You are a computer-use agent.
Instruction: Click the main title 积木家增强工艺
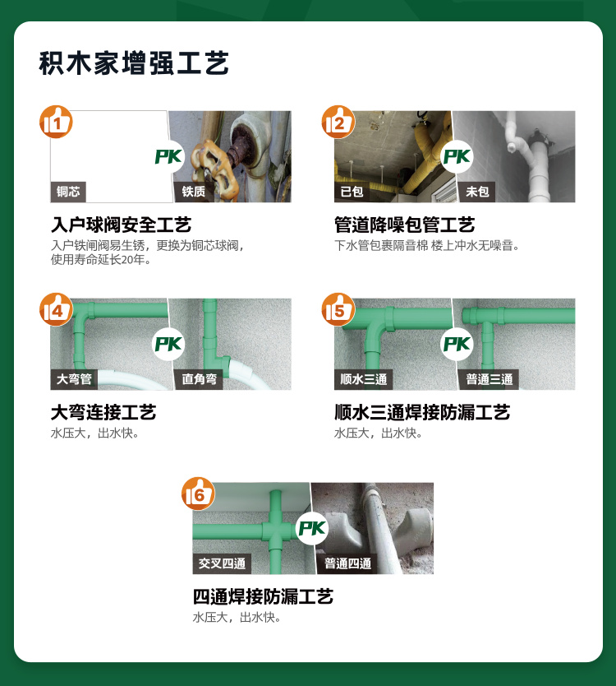coord(134,63)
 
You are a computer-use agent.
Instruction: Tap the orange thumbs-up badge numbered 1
coord(57,123)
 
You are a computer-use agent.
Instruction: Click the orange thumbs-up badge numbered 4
coord(57,310)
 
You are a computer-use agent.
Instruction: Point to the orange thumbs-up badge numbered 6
coord(198,494)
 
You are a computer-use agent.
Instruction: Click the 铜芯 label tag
coord(68,192)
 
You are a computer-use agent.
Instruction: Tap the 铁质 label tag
coord(194,192)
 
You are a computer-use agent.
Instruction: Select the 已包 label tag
coord(352,192)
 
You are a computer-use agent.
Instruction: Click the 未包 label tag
coord(477,192)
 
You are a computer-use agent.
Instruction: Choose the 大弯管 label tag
coord(74,379)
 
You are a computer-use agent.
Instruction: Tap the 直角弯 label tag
coord(200,379)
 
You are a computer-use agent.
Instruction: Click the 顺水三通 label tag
coord(362,379)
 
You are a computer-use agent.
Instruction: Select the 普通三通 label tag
coord(489,379)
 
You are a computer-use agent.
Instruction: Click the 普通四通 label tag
coord(347,563)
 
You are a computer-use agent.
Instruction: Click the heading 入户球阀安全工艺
coord(121,225)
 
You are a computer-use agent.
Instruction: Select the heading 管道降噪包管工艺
coord(404,225)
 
